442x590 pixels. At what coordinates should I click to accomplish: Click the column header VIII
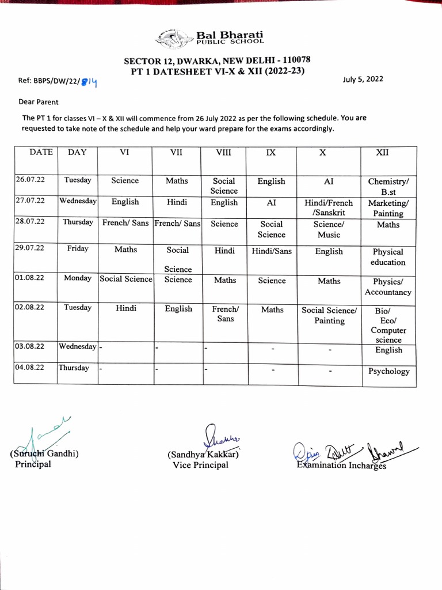coord(223,153)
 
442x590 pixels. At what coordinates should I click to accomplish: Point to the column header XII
coord(382,153)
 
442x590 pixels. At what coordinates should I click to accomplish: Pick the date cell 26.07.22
coord(31,180)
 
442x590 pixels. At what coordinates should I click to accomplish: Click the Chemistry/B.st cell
coord(388,186)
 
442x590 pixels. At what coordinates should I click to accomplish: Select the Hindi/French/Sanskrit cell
coord(329,207)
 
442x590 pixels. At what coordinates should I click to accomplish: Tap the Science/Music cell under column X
coord(329,229)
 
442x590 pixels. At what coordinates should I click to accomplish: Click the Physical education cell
coord(388,257)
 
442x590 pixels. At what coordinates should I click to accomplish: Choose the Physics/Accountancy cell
coord(388,287)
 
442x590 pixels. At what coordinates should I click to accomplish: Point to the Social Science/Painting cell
coord(329,315)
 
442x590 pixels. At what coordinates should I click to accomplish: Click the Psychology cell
coord(388,371)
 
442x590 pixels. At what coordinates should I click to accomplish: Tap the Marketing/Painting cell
coord(388,208)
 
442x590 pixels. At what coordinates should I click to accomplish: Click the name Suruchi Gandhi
coord(44,453)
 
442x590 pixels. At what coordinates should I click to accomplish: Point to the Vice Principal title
coord(200,465)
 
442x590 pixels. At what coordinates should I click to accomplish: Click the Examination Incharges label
coord(341,465)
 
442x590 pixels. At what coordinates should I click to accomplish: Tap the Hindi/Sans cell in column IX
coord(272,251)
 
